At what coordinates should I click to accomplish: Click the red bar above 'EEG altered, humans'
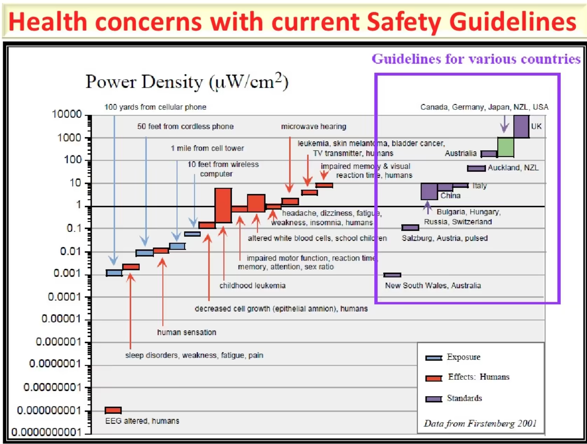tap(113, 410)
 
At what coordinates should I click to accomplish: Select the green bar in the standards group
tap(506, 147)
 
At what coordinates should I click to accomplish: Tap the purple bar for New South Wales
tap(392, 275)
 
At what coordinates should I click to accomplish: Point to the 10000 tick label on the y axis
tap(67, 114)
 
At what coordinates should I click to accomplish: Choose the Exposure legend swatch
tap(434, 358)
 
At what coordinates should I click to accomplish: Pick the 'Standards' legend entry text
tap(464, 398)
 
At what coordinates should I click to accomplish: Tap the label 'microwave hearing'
tap(313, 126)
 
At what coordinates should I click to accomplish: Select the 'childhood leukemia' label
tap(252, 285)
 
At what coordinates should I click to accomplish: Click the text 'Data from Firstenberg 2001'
tap(480, 423)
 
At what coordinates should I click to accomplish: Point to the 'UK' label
tap(536, 126)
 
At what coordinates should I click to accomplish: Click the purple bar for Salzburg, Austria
tap(410, 227)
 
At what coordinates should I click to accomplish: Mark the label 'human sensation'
tap(186, 332)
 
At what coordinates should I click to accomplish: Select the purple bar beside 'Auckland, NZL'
tap(476, 168)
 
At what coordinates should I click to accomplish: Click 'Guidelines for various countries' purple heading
tap(476, 59)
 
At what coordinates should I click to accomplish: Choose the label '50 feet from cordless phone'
tap(185, 126)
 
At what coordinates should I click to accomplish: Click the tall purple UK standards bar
tap(521, 126)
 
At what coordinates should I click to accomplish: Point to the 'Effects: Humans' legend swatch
tap(434, 378)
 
